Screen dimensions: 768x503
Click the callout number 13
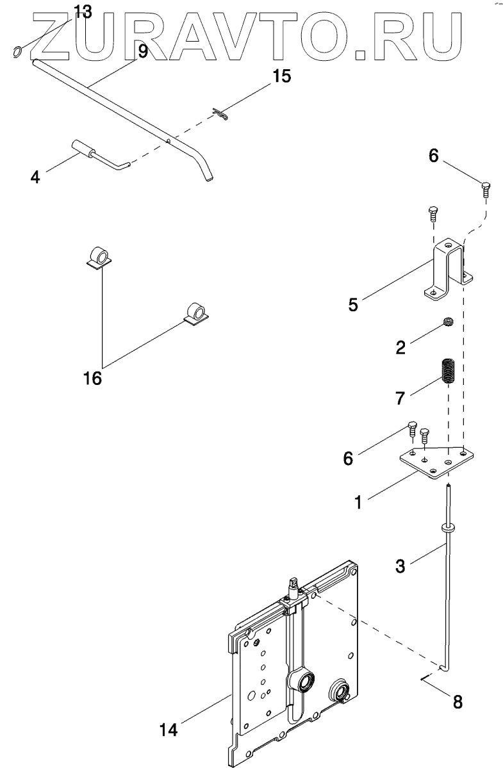(x=83, y=11)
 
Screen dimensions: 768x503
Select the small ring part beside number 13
(x=19, y=51)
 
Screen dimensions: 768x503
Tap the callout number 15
(x=281, y=76)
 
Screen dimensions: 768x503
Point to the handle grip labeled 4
(x=82, y=147)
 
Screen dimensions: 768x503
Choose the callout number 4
(x=35, y=176)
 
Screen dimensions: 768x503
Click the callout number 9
(x=142, y=51)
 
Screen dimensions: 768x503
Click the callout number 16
(x=92, y=379)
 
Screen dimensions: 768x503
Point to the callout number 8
(x=457, y=702)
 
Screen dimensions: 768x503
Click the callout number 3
(x=399, y=565)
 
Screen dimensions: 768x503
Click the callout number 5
(x=352, y=304)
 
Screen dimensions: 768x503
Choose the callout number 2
(x=400, y=347)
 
